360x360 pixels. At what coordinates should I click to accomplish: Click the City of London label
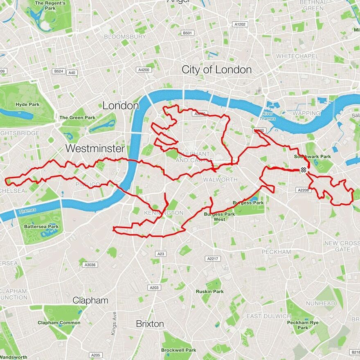[x=216, y=70]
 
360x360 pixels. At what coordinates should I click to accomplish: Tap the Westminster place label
[x=94, y=148]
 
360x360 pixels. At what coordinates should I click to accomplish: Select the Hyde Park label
[x=27, y=104]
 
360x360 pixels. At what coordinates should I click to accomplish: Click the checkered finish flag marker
[x=303, y=170]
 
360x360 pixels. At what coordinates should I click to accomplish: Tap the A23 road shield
[x=161, y=254]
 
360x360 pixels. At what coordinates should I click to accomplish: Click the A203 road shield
[x=154, y=288]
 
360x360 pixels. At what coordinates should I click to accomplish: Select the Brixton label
[x=150, y=324]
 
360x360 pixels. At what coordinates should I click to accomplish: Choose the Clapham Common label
[x=59, y=322]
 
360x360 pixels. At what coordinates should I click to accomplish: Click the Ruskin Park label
[x=209, y=292]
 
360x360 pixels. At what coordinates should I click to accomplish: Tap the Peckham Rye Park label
[x=303, y=325]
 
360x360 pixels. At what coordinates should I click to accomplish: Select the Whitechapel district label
[x=297, y=56]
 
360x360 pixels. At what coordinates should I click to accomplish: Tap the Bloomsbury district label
[x=125, y=36]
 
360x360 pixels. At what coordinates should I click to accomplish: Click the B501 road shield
[x=187, y=33]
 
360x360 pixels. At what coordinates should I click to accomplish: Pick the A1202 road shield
[x=240, y=25]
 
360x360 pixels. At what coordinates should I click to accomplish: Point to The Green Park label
[x=77, y=117]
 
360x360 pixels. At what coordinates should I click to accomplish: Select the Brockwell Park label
[x=178, y=350]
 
